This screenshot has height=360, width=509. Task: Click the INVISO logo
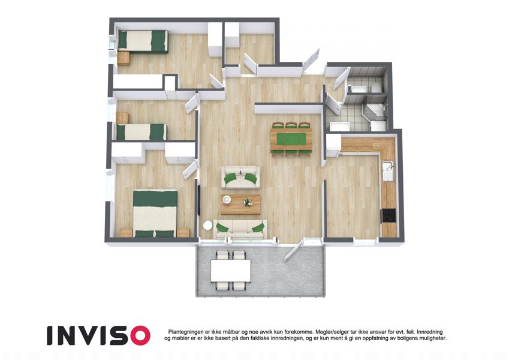point(98,335)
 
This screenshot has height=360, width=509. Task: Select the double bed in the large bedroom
point(155,214)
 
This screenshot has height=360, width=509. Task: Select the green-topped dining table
point(291,140)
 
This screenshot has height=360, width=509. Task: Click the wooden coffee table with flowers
point(240,205)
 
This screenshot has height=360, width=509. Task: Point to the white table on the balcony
point(230,271)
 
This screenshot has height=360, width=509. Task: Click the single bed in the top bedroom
point(143,41)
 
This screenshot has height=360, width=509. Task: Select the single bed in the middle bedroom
point(141,132)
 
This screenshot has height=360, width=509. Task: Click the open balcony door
point(294,248)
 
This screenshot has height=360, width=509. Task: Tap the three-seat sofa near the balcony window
point(240,229)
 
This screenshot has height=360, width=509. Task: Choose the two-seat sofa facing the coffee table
point(240,177)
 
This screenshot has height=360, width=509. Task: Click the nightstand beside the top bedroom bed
point(124,59)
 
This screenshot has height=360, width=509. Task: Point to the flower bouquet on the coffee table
point(248,202)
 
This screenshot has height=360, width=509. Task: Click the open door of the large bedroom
point(190,170)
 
